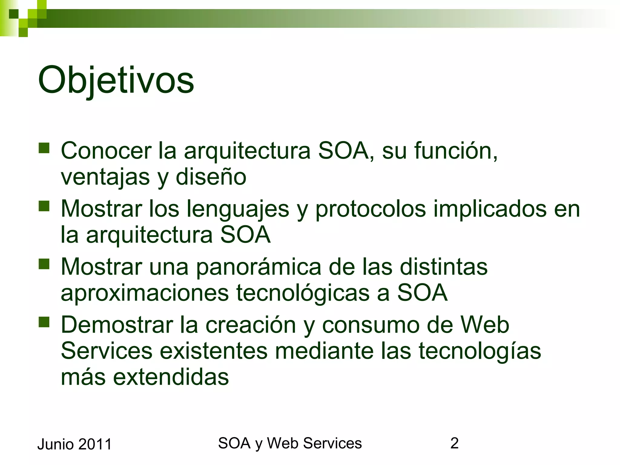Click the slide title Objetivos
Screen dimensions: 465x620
point(116,81)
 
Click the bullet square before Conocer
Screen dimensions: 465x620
point(44,148)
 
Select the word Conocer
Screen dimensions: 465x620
point(106,150)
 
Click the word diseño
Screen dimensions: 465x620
point(211,177)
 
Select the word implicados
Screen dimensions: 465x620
point(490,209)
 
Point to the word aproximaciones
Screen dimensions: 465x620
point(145,293)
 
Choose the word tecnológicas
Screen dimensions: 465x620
point(303,293)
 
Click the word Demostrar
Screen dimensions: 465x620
point(117,325)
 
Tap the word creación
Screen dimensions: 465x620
point(251,325)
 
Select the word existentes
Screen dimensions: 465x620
point(213,351)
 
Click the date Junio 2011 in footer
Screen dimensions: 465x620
point(74,444)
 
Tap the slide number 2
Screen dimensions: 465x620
point(454,444)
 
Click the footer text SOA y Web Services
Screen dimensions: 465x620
point(290,444)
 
